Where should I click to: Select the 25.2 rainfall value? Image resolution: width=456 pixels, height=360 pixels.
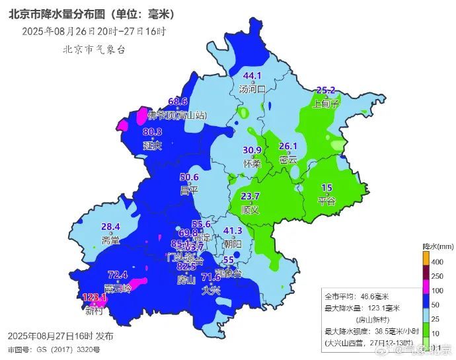tap(326, 90)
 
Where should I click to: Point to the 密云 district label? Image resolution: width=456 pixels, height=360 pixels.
tap(288, 159)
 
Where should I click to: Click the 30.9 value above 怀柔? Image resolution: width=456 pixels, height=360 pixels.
tap(252, 150)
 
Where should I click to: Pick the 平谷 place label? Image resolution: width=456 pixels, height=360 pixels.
tap(327, 200)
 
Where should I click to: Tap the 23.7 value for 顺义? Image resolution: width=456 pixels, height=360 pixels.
tap(250, 196)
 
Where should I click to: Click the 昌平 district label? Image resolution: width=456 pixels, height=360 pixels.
tap(189, 190)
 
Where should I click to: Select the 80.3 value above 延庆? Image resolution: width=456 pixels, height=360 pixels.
tap(153, 132)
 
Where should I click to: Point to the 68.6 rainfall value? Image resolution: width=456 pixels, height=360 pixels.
tap(178, 102)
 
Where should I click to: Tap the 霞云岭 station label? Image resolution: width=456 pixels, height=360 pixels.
tap(117, 288)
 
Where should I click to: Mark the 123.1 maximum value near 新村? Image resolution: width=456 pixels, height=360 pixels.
tap(95, 298)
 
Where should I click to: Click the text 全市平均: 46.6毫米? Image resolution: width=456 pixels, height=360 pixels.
tap(356, 296)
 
